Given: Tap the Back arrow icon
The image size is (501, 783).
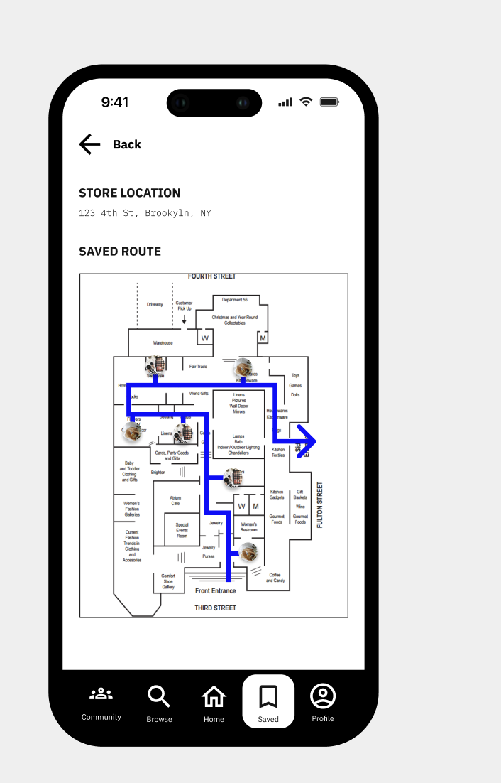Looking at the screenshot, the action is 89,144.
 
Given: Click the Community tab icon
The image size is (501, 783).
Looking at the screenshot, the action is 101,693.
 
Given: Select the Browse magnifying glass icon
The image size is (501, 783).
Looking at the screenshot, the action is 159,696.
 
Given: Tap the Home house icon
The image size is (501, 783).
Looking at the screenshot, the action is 214,696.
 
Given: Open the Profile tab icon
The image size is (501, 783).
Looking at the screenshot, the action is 323,696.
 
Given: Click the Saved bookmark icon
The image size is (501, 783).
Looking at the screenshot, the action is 268,696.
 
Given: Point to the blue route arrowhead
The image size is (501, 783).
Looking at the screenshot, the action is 306,442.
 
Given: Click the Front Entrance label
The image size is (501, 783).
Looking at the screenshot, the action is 215,590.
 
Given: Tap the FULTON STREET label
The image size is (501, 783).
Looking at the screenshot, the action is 320,504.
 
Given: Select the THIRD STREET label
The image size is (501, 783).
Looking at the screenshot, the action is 215,608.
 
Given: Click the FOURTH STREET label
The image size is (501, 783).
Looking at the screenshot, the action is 212,276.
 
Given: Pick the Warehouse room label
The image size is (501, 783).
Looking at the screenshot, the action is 163,342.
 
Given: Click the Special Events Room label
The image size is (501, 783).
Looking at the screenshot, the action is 182,530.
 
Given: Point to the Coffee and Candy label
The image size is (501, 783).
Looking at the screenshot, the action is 275,578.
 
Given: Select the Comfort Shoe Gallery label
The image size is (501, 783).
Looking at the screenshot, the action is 168,581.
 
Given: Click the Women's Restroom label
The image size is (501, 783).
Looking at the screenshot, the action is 248,527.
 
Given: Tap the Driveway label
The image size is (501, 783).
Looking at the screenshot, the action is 155,304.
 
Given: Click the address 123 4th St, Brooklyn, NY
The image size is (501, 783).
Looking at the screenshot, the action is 145,213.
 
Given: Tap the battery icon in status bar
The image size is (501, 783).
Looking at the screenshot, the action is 330,102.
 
